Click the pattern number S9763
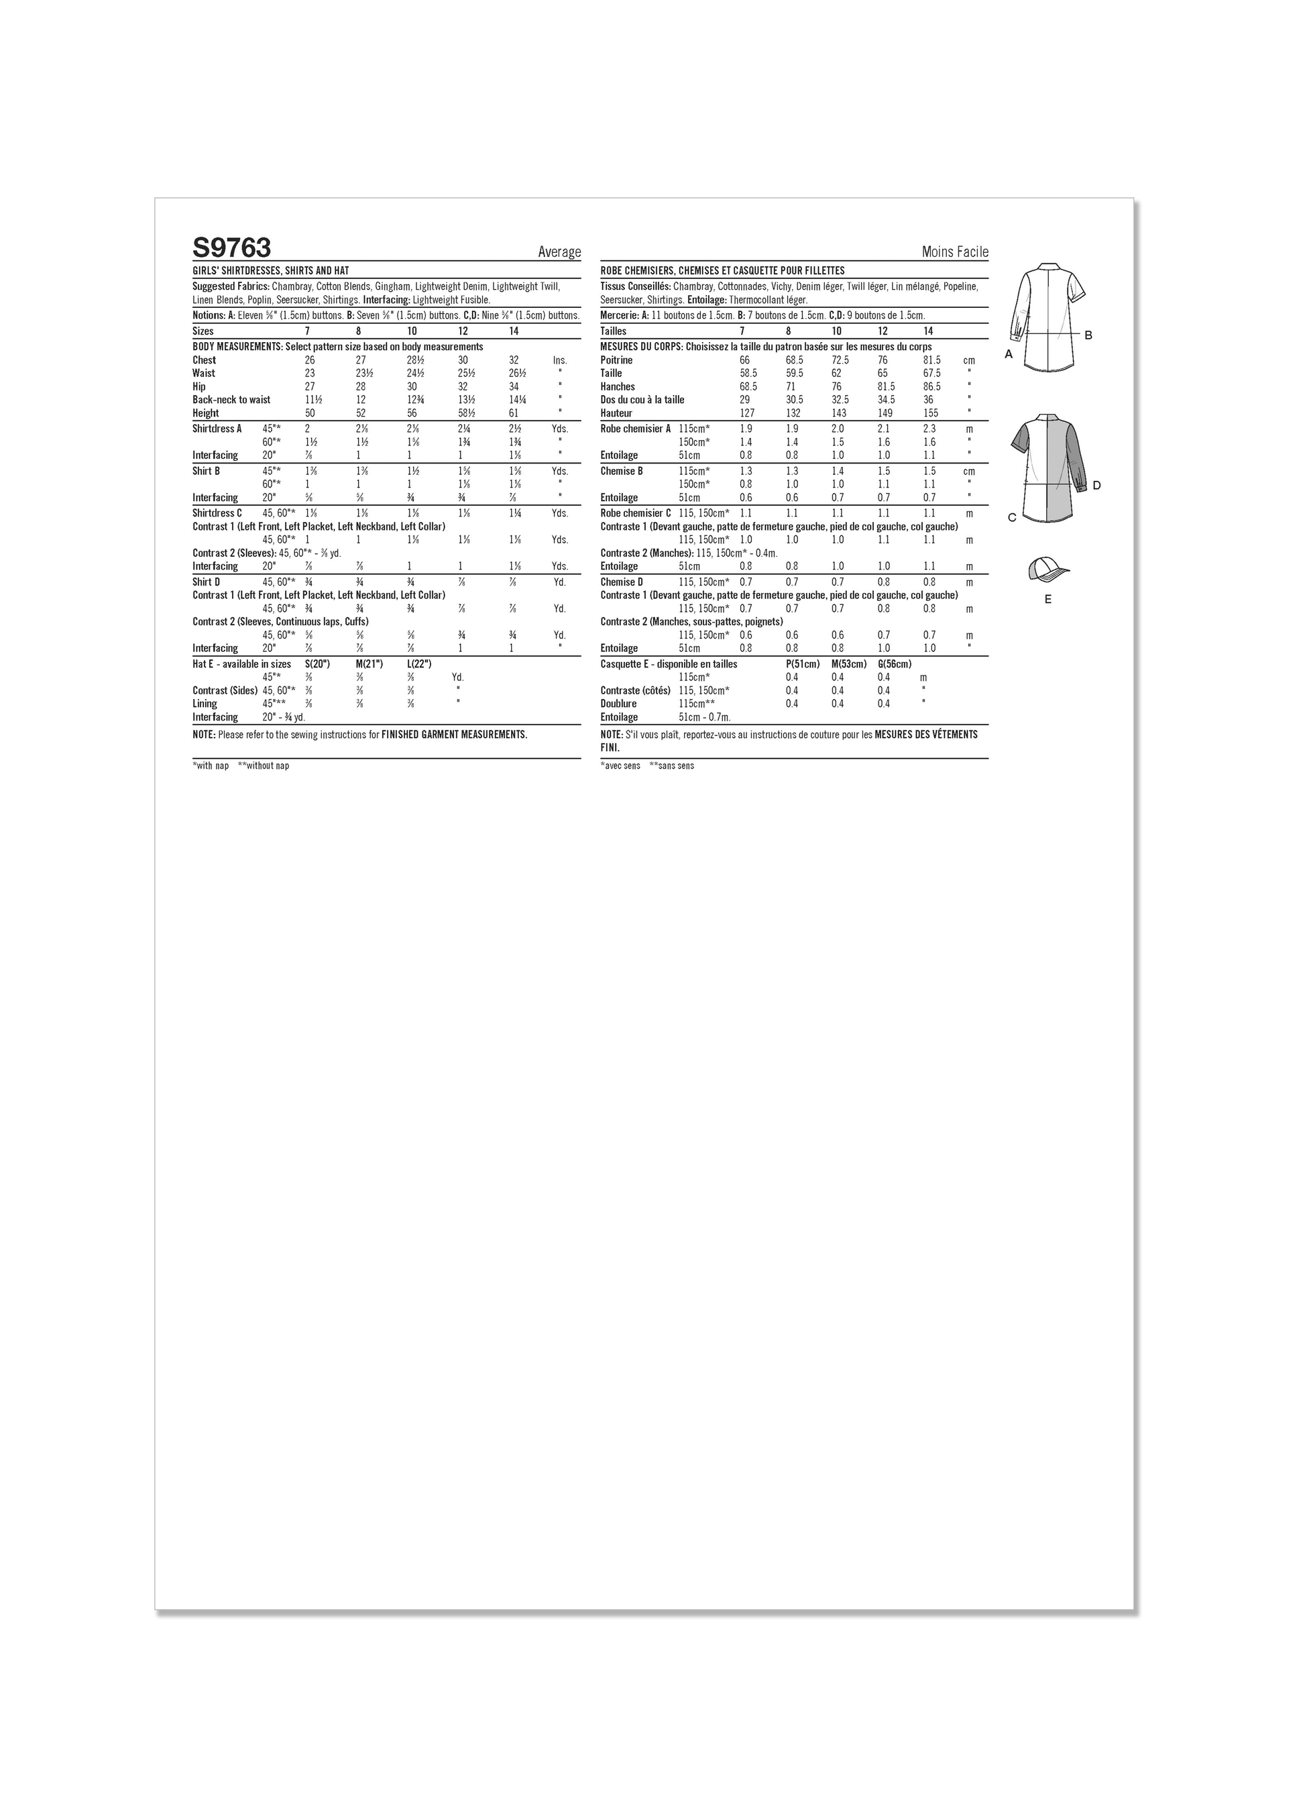pyautogui.click(x=231, y=248)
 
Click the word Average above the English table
pyautogui.click(x=559, y=252)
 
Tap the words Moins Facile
pyautogui.click(x=954, y=252)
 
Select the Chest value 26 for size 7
pyautogui.click(x=309, y=360)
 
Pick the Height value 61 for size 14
pyautogui.click(x=514, y=413)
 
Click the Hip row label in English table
pyautogui.click(x=199, y=387)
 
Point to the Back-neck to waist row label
pyautogui.click(x=231, y=400)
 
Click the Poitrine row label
pyautogui.click(x=616, y=360)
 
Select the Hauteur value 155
pyautogui.click(x=930, y=413)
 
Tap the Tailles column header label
pyautogui.click(x=614, y=331)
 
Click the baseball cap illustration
pyautogui.click(x=1047, y=568)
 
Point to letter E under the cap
pyautogui.click(x=1047, y=599)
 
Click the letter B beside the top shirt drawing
pyautogui.click(x=1088, y=335)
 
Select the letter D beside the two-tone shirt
pyautogui.click(x=1096, y=485)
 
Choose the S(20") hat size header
pyautogui.click(x=317, y=664)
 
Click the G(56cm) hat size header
pyautogui.click(x=895, y=664)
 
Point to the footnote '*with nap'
pyautogui.click(x=211, y=766)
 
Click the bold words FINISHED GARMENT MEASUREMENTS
pyautogui.click(x=454, y=735)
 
